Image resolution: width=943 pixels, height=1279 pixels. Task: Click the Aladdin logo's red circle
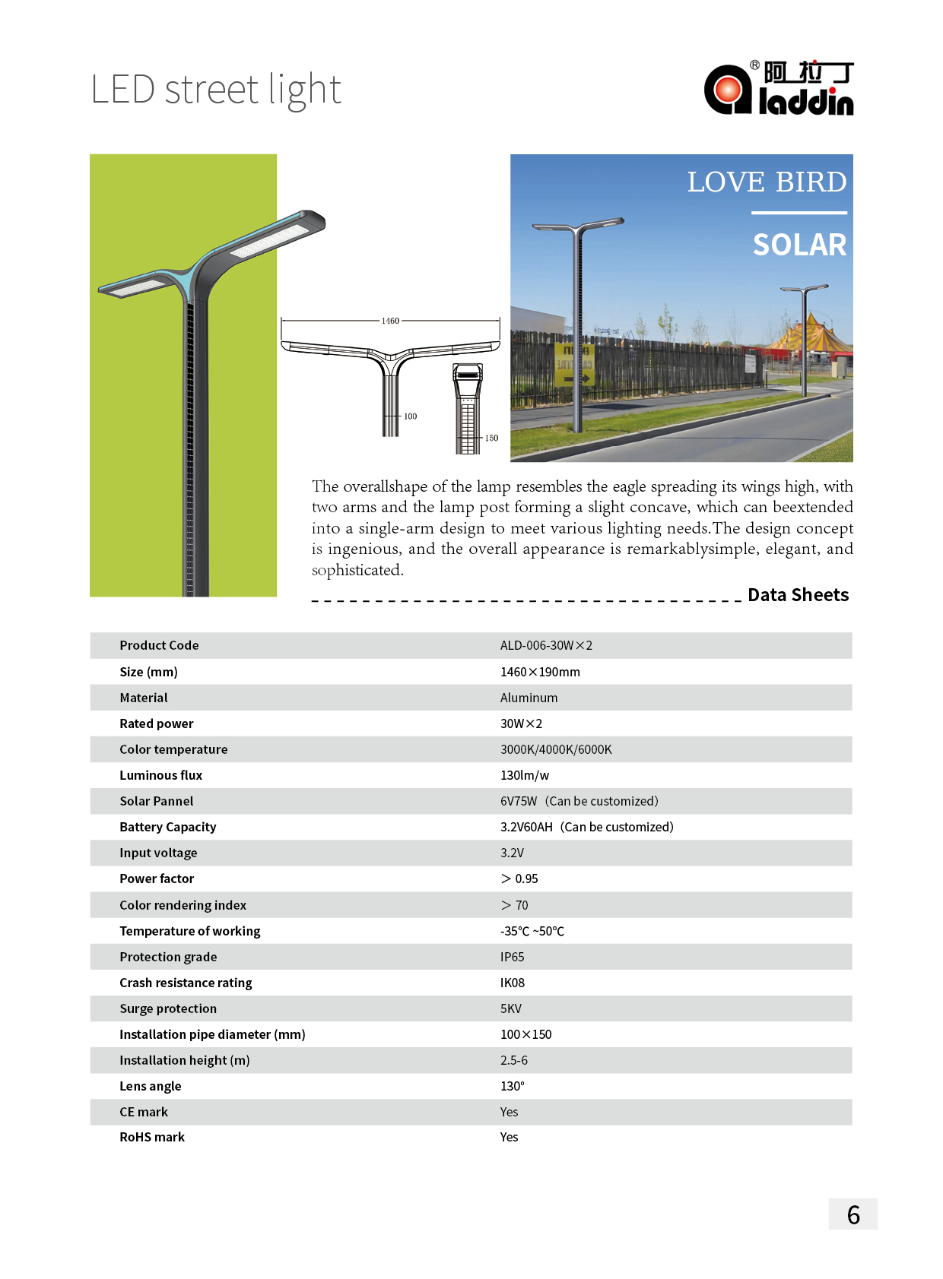tap(727, 90)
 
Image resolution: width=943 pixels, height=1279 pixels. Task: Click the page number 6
tap(853, 1215)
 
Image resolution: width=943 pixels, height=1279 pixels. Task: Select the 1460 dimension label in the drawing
tap(390, 321)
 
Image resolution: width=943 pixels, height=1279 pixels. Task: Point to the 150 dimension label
tap(491, 438)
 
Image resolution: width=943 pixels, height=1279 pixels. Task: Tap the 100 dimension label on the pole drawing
tap(410, 416)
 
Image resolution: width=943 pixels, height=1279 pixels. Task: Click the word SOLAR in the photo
tap(799, 245)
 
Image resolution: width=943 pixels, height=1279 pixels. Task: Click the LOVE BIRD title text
tap(767, 182)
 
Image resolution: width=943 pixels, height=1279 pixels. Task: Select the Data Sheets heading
tap(798, 595)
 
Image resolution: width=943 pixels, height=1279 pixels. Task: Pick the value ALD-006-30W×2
tap(546, 645)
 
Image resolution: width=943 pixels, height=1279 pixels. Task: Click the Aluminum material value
tap(529, 698)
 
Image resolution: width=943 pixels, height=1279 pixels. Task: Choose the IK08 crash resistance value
tap(512, 983)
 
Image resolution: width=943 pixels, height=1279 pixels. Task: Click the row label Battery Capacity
tap(167, 827)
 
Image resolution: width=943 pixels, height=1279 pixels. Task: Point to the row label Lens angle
tap(150, 1086)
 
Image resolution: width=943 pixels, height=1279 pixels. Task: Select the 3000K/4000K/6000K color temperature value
tap(556, 749)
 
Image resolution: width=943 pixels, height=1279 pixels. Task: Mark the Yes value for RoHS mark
tap(509, 1137)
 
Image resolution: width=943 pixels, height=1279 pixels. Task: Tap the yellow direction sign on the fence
tap(573, 365)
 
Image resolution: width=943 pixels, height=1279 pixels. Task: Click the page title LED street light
tap(216, 90)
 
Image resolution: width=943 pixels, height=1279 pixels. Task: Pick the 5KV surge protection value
tap(510, 1008)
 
